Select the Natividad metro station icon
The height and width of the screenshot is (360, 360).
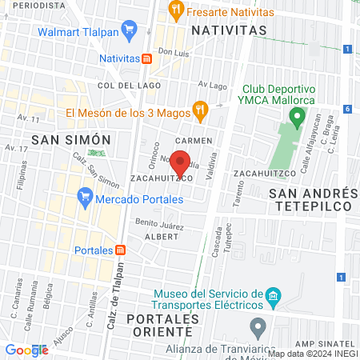tap(146, 58)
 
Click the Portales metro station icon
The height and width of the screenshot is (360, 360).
tap(120, 250)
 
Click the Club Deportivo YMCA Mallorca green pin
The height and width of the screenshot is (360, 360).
tap(297, 119)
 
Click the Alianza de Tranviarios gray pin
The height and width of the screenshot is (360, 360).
tap(257, 326)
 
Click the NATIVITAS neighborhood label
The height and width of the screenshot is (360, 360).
tap(228, 30)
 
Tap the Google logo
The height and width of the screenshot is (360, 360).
tap(27, 350)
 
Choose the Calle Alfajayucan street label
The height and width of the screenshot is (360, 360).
tap(305, 155)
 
